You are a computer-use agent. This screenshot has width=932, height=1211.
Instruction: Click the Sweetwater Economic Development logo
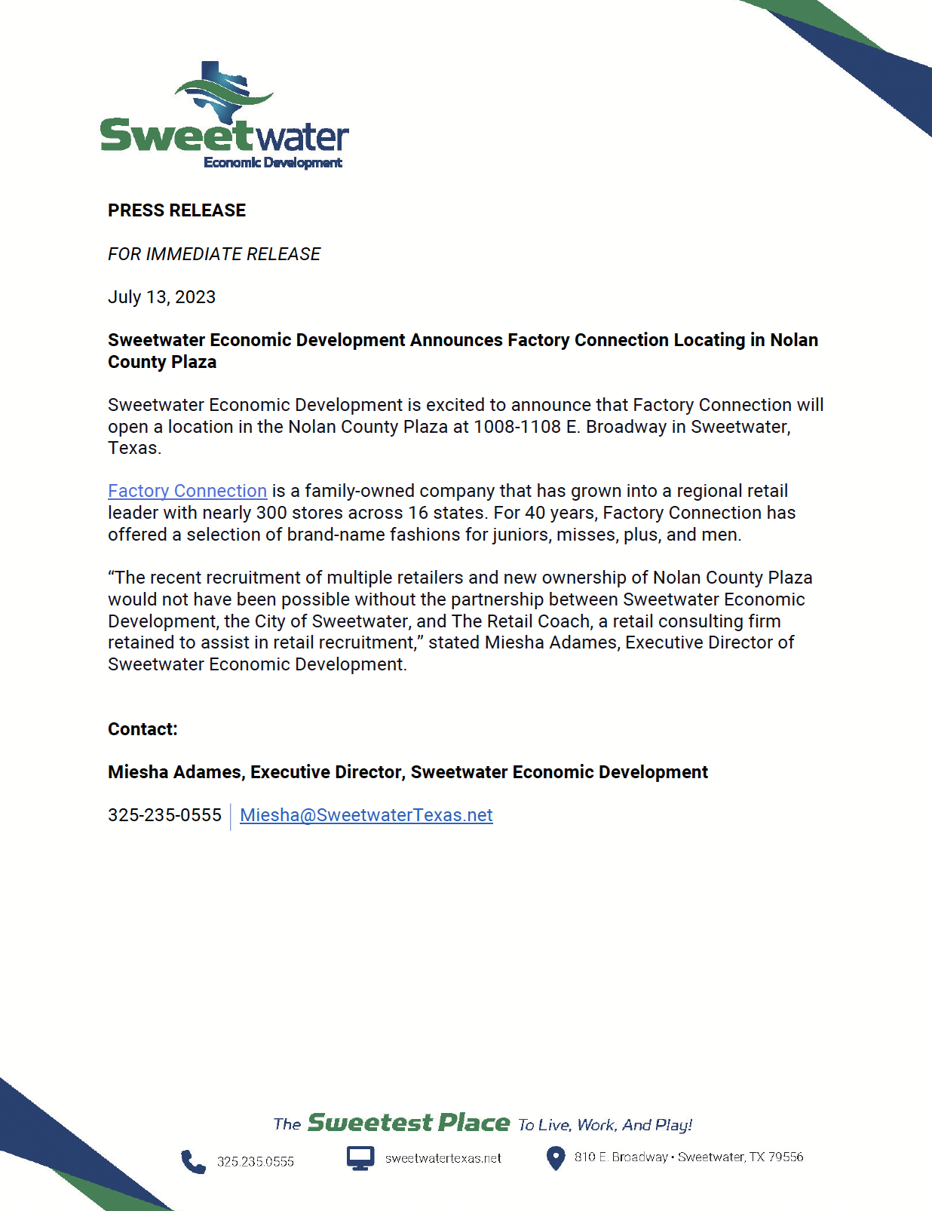pyautogui.click(x=224, y=117)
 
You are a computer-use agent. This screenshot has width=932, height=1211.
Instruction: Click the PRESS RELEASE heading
pyautogui.click(x=176, y=210)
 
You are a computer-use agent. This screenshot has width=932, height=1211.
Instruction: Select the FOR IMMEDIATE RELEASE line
pyautogui.click(x=214, y=254)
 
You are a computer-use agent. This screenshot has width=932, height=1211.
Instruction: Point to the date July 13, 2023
pyautogui.click(x=161, y=297)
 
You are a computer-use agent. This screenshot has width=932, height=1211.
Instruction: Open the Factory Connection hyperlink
pyautogui.click(x=187, y=491)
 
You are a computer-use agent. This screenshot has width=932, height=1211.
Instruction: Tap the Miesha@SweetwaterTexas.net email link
pyautogui.click(x=366, y=815)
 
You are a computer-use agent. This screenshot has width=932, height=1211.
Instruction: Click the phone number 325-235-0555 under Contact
pyautogui.click(x=164, y=815)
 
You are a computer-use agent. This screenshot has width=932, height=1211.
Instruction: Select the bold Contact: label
pyautogui.click(x=143, y=729)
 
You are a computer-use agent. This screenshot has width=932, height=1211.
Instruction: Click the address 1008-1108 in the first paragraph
pyautogui.click(x=517, y=427)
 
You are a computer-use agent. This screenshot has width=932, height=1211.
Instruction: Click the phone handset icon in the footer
pyautogui.click(x=193, y=1161)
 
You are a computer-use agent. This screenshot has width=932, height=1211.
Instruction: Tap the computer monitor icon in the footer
pyautogui.click(x=360, y=1157)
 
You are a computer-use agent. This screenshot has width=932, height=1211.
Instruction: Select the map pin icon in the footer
pyautogui.click(x=555, y=1158)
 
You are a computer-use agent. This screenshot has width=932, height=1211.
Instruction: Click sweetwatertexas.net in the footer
pyautogui.click(x=443, y=1158)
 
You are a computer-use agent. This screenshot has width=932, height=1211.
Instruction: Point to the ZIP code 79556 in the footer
pyautogui.click(x=786, y=1157)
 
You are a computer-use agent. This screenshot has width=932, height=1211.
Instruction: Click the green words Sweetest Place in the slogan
pyautogui.click(x=409, y=1123)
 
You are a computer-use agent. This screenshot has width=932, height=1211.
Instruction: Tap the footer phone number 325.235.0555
pyautogui.click(x=255, y=1162)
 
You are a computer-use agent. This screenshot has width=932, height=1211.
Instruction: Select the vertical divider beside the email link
pyautogui.click(x=231, y=817)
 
